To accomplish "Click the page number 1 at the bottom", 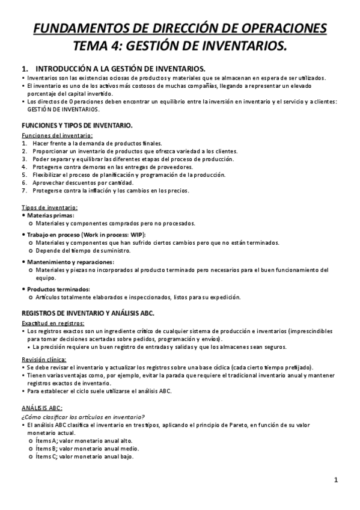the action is pyautogui.click(x=337, y=480).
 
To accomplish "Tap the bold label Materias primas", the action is pyautogui.click(x=51, y=215).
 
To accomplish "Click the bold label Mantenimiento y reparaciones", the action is pyautogui.click(x=70, y=262).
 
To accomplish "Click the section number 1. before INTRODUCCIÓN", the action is pyautogui.click(x=25, y=69).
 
